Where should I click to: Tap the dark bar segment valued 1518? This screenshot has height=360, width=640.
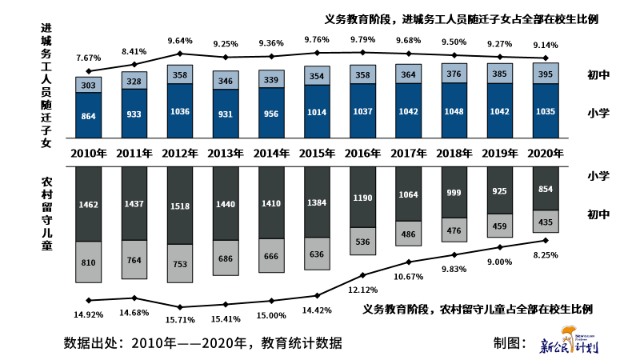click(x=180, y=205)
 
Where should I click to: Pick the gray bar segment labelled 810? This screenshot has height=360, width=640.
click(x=89, y=262)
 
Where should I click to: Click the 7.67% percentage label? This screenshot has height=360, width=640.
click(x=89, y=58)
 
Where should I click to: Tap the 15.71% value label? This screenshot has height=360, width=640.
click(x=180, y=319)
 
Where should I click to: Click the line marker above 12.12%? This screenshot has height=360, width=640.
click(x=362, y=275)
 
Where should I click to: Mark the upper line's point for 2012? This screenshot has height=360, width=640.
click(x=180, y=54)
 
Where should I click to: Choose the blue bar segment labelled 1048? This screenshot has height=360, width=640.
click(x=454, y=111)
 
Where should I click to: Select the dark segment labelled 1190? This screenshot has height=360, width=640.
click(x=362, y=197)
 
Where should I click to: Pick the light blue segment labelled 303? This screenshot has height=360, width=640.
click(x=89, y=85)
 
